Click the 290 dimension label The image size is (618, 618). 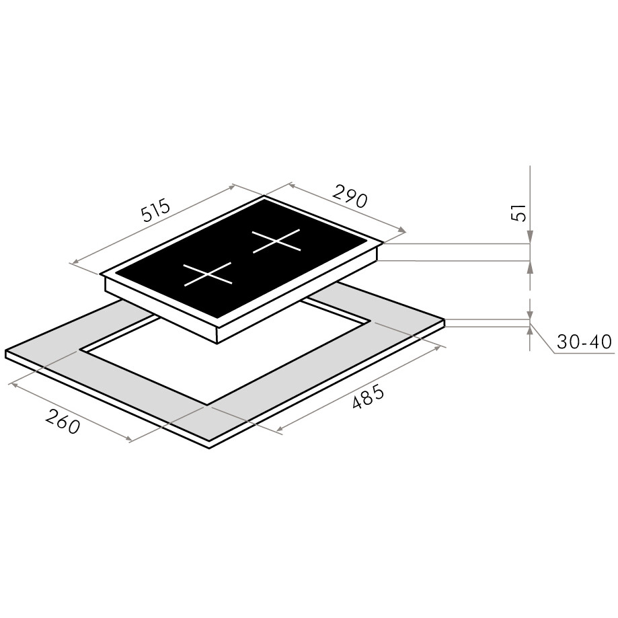coord(350,196)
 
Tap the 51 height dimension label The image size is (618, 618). coord(520,213)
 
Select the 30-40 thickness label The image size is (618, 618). coord(584,342)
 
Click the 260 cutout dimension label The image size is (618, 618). coord(63,422)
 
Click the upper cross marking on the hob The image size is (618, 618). coord(276,241)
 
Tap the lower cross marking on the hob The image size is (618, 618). coord(208,274)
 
